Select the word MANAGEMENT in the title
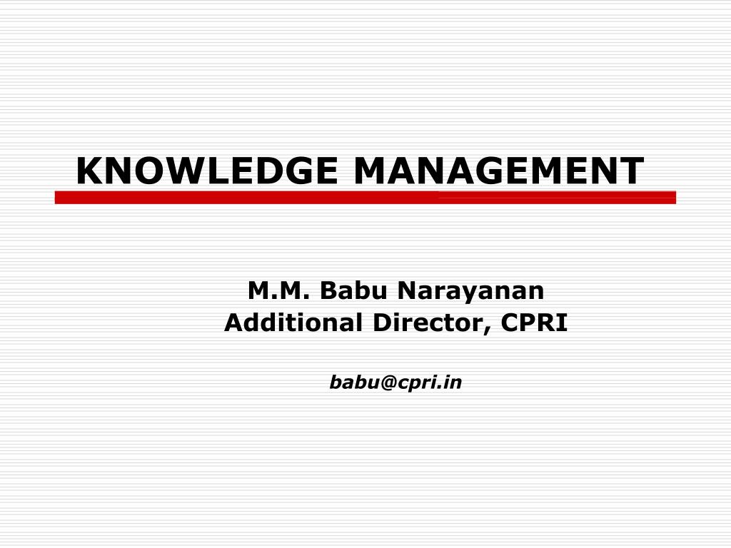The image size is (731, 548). [498, 171]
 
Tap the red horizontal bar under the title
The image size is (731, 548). [365, 198]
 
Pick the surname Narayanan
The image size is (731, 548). [471, 291]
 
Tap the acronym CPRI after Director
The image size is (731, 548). [534, 323]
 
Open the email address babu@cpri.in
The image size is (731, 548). [395, 383]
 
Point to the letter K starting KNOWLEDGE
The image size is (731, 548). [89, 171]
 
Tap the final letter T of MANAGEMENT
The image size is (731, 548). [631, 171]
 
